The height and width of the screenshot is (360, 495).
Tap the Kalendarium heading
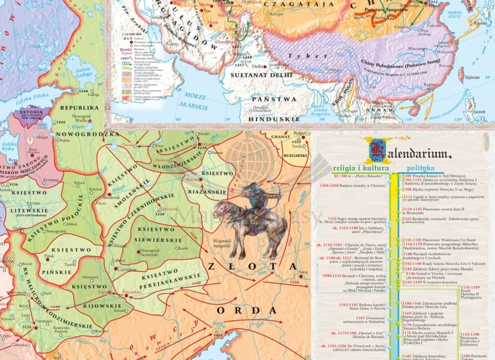[x=410, y=152]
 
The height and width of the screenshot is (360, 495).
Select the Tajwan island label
[x=471, y=78]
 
